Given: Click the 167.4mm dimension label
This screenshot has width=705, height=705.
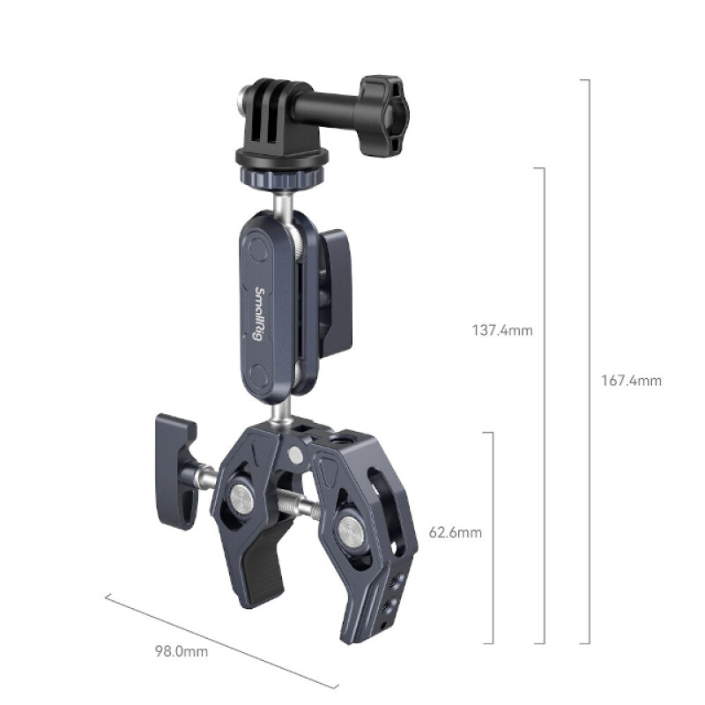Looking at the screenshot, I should tap(631, 381).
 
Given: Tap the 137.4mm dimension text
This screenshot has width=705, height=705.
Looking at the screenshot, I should tap(503, 331).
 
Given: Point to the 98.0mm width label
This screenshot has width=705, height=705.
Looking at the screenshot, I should tap(182, 652).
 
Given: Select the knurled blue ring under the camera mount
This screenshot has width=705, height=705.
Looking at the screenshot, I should tap(280, 181).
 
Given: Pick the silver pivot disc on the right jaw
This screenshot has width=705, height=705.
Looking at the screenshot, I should tap(350, 531).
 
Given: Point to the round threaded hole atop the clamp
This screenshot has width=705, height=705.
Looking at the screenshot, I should tap(336, 437).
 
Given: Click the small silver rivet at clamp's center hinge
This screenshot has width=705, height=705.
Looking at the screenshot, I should tap(295, 454).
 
